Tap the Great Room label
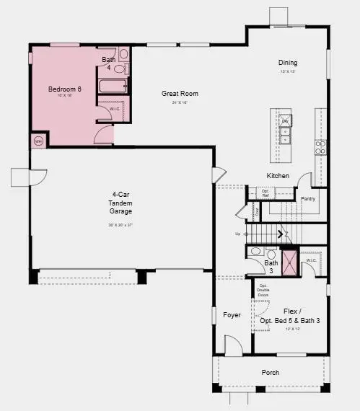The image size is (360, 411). coord(180,94)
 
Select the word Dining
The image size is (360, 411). coord(289,63)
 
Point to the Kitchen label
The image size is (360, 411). coord(278,176)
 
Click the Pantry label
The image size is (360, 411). coord(308,198)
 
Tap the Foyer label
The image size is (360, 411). coord(232,315)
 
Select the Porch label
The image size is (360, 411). coord(271,372)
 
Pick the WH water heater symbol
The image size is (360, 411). coord(38,141)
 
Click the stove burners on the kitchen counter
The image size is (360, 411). coord(320,148)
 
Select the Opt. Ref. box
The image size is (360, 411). coord(265,193)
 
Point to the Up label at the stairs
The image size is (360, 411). coord(238,234)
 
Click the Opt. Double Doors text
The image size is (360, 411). coord(263,291)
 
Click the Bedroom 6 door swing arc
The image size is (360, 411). coord(105,134)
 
